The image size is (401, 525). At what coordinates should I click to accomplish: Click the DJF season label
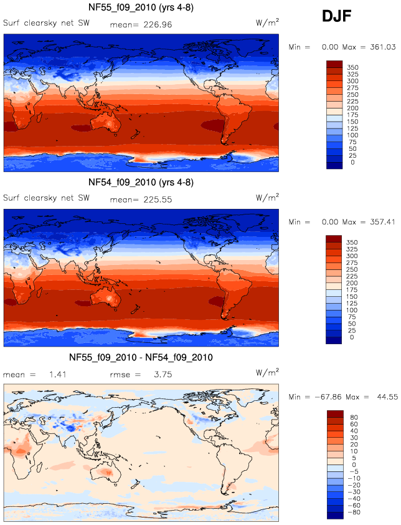(x=337, y=17)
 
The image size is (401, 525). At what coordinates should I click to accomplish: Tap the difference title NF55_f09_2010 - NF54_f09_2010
(x=141, y=357)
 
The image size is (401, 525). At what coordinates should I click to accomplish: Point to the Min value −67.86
(x=333, y=397)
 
